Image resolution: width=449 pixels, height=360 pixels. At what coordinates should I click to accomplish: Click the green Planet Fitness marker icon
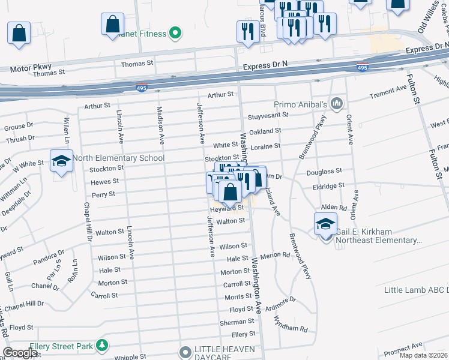(175, 34)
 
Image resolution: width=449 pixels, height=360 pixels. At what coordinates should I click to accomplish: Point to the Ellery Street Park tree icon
(103, 346)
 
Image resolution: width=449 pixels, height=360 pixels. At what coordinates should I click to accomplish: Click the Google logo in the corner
(20, 353)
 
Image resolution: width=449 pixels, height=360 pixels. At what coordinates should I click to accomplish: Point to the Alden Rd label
(334, 207)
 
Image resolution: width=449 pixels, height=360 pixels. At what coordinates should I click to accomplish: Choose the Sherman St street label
(233, 322)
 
